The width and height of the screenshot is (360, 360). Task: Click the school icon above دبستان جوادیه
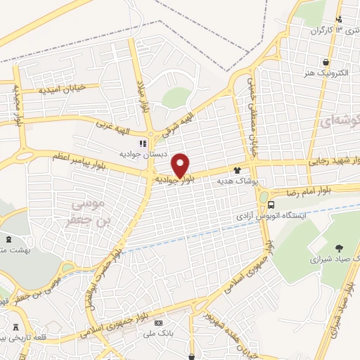pos(143,143)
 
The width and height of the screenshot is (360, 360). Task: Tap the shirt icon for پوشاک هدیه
pos(237,169)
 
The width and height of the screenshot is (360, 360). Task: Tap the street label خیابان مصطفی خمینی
pos(250,117)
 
